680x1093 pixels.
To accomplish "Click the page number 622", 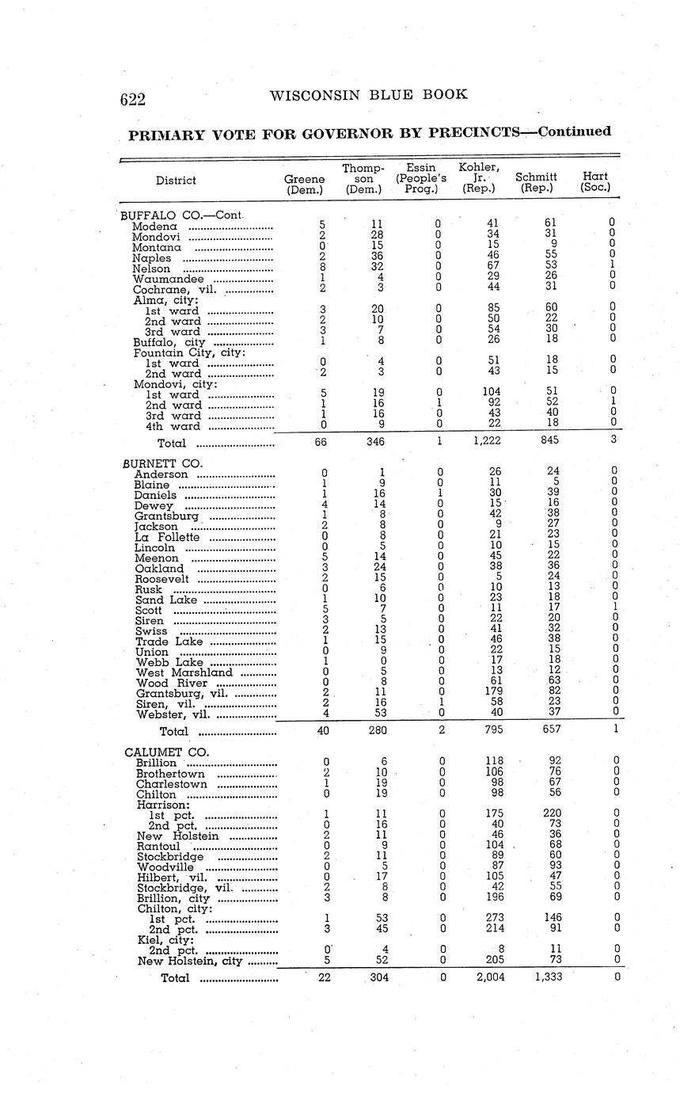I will pyautogui.click(x=133, y=99).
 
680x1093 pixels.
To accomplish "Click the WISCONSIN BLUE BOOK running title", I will pyautogui.click(x=368, y=95).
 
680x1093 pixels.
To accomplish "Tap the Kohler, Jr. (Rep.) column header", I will pyautogui.click(x=479, y=177).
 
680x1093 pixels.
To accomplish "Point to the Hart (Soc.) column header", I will pyautogui.click(x=595, y=182).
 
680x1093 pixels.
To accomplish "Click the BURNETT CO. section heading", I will pyautogui.click(x=163, y=463).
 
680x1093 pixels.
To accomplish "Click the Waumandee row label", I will pyautogui.click(x=167, y=279).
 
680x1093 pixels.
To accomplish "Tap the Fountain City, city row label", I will pyautogui.click(x=189, y=352).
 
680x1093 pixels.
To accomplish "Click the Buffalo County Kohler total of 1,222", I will pyautogui.click(x=486, y=443).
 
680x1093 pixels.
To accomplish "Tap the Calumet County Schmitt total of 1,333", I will pyautogui.click(x=548, y=977).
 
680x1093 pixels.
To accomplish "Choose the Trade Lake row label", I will pyautogui.click(x=168, y=642).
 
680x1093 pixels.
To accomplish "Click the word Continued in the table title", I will pyautogui.click(x=574, y=131).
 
